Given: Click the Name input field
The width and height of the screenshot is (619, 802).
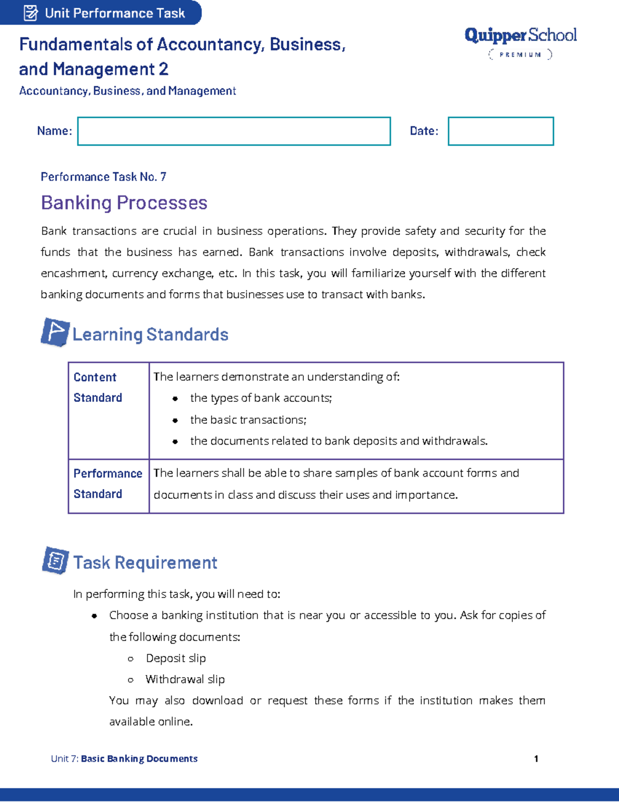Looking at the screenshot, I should [234, 131].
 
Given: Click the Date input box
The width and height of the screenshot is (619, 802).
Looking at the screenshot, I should [500, 131].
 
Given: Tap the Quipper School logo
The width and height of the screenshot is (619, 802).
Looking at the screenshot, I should [520, 35].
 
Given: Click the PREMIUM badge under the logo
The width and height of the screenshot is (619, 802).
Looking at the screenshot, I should [520, 54].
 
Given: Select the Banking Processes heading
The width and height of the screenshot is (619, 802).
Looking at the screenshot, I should [124, 202].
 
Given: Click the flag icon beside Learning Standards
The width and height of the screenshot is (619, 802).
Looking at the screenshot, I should [55, 332].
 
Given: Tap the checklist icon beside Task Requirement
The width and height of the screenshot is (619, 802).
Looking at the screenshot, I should [55, 560].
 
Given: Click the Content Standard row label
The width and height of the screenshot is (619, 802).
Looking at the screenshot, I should [98, 387].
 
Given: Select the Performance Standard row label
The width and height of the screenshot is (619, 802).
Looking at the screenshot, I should [107, 483].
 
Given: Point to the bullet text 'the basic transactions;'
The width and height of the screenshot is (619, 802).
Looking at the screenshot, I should [248, 420].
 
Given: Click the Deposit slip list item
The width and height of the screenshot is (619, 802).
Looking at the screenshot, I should [175, 658].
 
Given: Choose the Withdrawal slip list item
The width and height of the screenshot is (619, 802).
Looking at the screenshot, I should [185, 679].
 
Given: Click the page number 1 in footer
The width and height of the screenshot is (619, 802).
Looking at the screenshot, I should [536, 759].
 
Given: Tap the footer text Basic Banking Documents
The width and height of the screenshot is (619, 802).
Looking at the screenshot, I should [139, 759].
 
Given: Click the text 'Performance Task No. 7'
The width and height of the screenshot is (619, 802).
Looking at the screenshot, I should [103, 177].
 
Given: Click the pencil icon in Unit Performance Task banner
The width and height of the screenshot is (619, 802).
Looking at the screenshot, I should [30, 12].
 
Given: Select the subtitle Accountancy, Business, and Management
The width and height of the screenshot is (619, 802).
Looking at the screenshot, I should [127, 91].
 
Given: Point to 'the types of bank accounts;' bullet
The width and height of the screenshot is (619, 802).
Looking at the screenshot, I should [261, 398].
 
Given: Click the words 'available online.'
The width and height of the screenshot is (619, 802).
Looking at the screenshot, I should [151, 721].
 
